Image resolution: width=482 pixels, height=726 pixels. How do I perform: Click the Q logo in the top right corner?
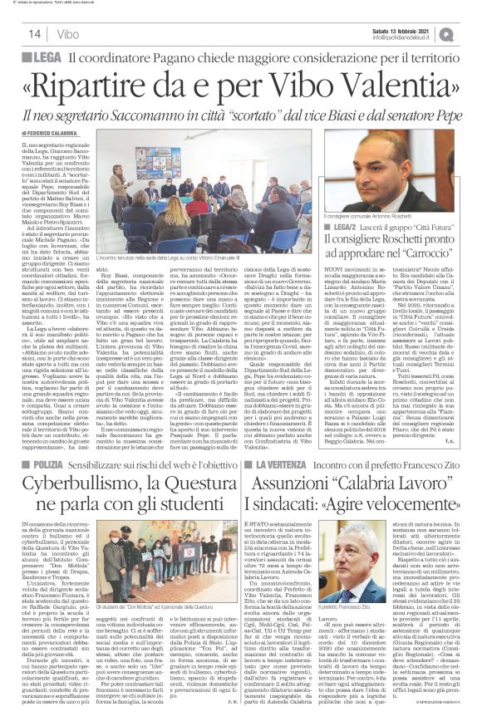point(471,32)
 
